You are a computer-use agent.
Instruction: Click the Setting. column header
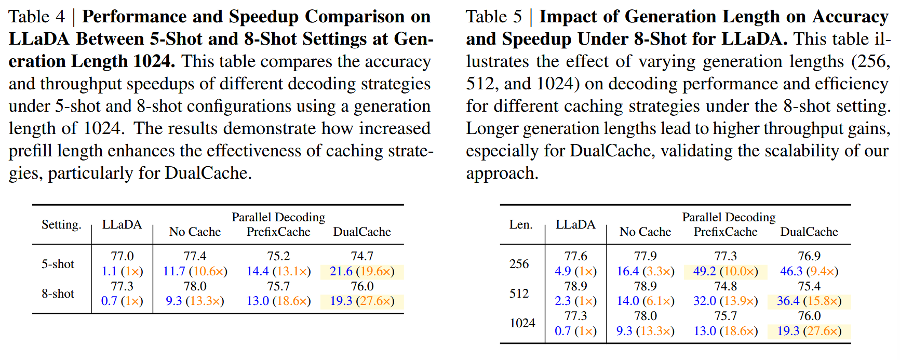point(61,224)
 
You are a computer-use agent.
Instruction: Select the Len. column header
point(520,224)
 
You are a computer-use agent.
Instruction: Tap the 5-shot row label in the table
point(58,264)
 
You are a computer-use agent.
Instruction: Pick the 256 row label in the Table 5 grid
point(519,264)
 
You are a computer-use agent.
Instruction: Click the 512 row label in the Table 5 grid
point(519,294)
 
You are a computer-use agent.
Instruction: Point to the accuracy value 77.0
point(122,256)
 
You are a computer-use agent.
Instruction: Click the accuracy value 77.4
point(195,256)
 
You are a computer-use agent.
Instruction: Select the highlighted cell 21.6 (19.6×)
point(362,271)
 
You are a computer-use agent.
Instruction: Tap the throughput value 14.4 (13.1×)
point(278,271)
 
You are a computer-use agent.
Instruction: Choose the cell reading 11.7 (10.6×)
point(195,271)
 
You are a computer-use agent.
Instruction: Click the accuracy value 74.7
point(362,256)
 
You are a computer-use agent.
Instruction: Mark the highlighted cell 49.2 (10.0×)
point(726,271)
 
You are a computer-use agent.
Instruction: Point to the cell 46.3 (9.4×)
point(809,271)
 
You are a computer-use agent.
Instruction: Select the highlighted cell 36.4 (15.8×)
point(809,301)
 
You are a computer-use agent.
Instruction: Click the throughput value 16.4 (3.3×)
point(645,271)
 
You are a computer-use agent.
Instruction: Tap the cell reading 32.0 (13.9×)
point(726,301)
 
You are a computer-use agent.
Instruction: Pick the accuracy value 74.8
point(726,286)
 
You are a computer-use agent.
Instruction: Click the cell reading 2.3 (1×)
point(575,301)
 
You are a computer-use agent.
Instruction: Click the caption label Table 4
point(37,17)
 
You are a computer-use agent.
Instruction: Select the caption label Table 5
point(493,17)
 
